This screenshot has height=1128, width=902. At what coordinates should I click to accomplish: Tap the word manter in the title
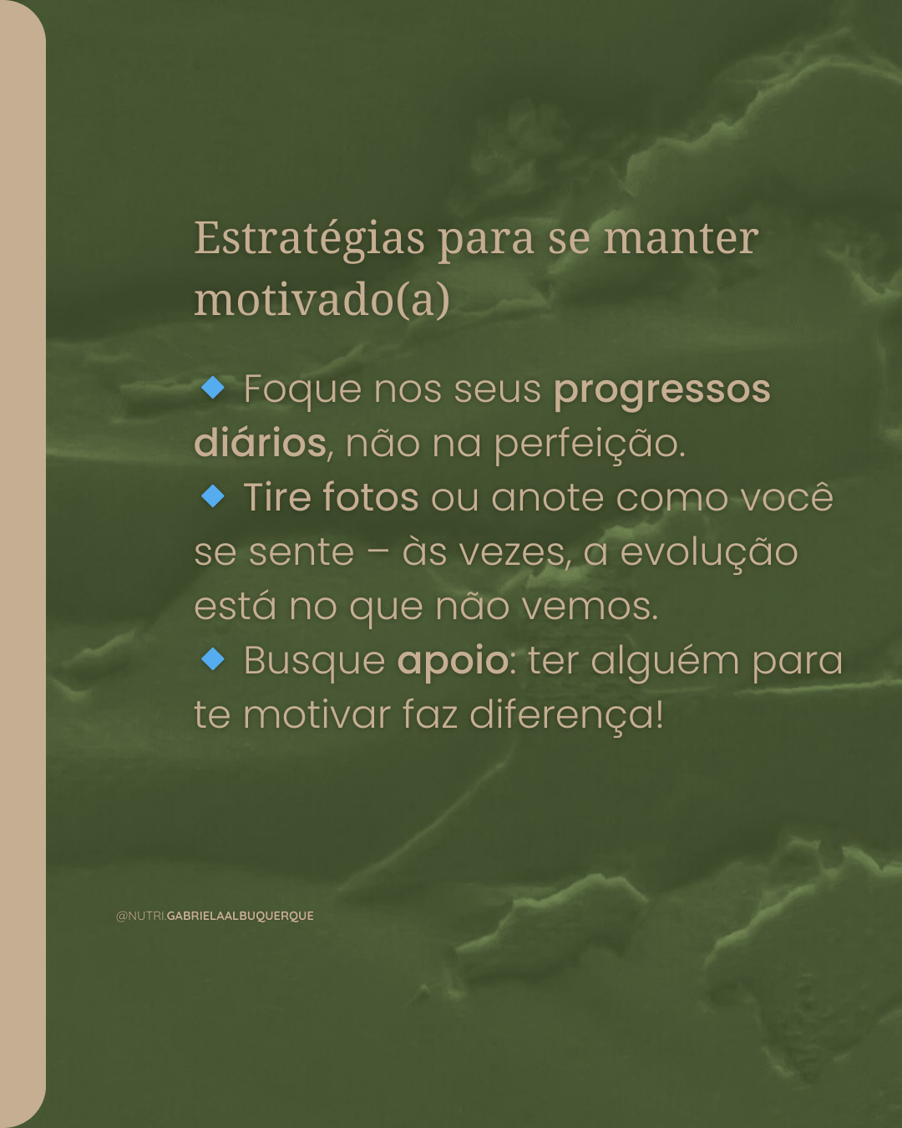[681, 238]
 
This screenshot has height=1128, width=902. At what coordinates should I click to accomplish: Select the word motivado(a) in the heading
[322, 300]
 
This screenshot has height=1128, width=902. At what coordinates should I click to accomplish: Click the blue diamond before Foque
[213, 388]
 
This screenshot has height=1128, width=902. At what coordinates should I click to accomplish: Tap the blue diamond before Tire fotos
[213, 495]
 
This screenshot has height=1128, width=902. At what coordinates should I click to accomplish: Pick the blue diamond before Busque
[213, 659]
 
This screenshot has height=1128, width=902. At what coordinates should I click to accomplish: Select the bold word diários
[261, 443]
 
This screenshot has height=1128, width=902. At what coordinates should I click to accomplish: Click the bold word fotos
[370, 496]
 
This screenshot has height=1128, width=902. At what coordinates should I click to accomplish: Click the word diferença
[566, 715]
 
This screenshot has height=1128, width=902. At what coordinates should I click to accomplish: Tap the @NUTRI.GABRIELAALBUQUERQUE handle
[215, 916]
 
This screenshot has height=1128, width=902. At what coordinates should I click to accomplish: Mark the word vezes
[489, 553]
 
